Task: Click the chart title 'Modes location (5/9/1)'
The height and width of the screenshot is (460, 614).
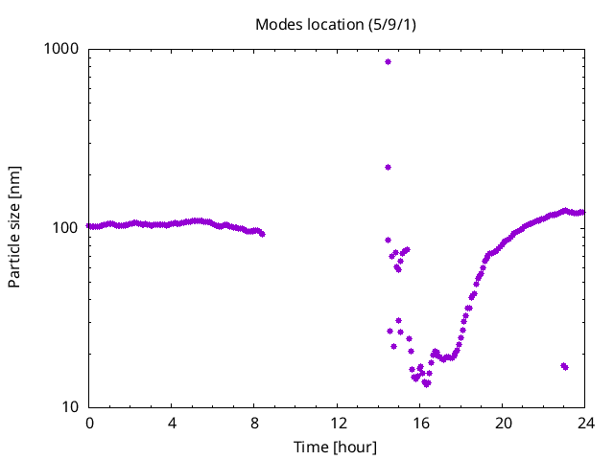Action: pos(336,24)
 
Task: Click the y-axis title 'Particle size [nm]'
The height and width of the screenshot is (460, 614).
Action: pos(14,227)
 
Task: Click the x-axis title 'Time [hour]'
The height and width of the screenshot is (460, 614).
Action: pos(336,448)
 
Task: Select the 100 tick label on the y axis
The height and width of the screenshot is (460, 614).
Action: pos(68,227)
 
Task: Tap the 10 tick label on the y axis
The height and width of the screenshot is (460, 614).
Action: pos(72,406)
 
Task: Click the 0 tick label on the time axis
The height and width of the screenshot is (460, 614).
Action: pos(89,423)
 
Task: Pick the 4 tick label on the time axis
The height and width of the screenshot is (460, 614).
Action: pos(172,423)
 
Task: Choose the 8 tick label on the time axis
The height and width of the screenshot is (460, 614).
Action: pos(254,423)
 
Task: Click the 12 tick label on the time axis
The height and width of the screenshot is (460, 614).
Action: pos(338,423)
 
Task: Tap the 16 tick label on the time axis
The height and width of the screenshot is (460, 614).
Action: pos(420,423)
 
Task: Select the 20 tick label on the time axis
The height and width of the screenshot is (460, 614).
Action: pos(503,423)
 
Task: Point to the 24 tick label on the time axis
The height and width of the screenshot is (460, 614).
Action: pos(585,423)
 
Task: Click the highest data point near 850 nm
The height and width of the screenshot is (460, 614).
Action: pos(388,61)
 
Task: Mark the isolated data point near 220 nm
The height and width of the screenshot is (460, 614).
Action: pos(388,167)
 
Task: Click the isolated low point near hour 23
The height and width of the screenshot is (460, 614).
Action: pos(564,366)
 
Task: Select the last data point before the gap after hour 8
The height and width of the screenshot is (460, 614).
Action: pos(262,234)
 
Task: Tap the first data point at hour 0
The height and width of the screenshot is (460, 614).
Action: pos(89,226)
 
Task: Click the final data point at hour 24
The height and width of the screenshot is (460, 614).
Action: pos(582,213)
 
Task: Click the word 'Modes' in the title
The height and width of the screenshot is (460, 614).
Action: pos(276,24)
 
